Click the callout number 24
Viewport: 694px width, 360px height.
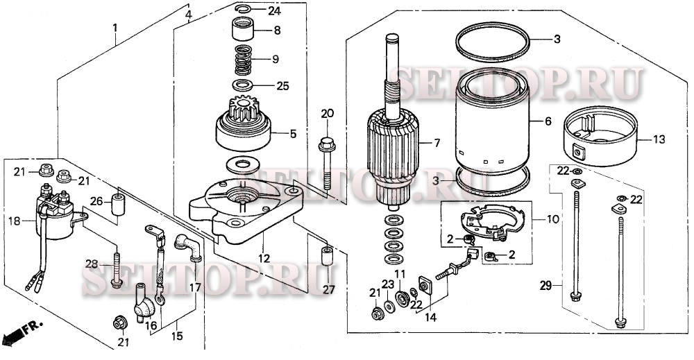coord(274,10)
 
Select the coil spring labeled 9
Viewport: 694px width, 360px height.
coord(243,60)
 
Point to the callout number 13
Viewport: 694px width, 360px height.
coord(659,139)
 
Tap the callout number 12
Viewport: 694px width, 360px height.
coord(264,259)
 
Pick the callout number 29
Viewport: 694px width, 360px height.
coord(545,286)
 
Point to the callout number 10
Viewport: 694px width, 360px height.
coord(553,219)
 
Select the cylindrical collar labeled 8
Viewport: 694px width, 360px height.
coord(243,28)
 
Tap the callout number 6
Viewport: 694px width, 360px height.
coord(548,121)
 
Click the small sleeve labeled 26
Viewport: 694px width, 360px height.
coord(118,205)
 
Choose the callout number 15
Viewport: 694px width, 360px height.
coord(176,336)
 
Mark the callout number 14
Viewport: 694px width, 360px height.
coord(430,317)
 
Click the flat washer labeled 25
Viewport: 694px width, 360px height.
coord(243,85)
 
